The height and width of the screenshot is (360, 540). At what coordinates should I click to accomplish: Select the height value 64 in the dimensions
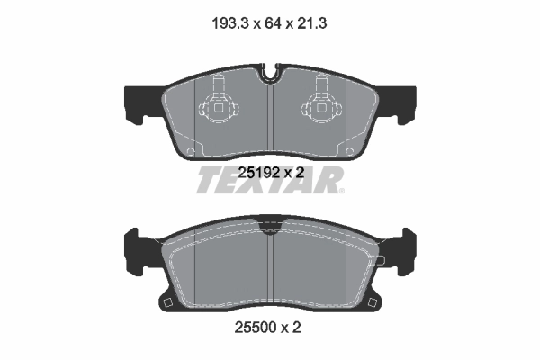[270, 23]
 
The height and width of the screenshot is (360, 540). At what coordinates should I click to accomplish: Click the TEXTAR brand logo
[270, 183]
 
